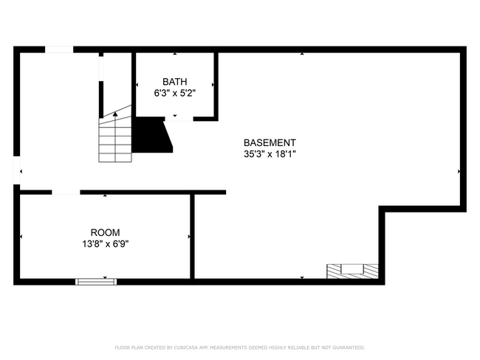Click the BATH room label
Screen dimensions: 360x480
(x=175, y=82)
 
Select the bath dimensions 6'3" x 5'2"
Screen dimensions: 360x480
(x=175, y=93)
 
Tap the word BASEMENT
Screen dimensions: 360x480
(x=270, y=143)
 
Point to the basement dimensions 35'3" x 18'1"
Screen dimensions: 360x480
(x=270, y=154)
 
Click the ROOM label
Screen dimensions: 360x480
(x=104, y=232)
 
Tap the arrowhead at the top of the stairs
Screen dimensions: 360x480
(x=115, y=114)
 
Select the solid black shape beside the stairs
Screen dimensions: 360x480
(x=151, y=134)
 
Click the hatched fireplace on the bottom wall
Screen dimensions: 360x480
(x=353, y=271)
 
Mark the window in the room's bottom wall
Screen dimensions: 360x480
(x=97, y=281)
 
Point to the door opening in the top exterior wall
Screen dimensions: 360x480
(x=59, y=49)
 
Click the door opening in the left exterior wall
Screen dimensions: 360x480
(x=16, y=171)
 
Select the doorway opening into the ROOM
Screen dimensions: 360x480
(x=65, y=192)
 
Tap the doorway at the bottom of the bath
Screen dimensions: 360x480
(x=182, y=118)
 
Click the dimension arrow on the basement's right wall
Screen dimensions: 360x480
(x=459, y=171)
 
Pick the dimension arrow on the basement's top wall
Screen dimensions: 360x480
(x=301, y=54)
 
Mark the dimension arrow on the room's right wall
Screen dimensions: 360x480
(x=189, y=237)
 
